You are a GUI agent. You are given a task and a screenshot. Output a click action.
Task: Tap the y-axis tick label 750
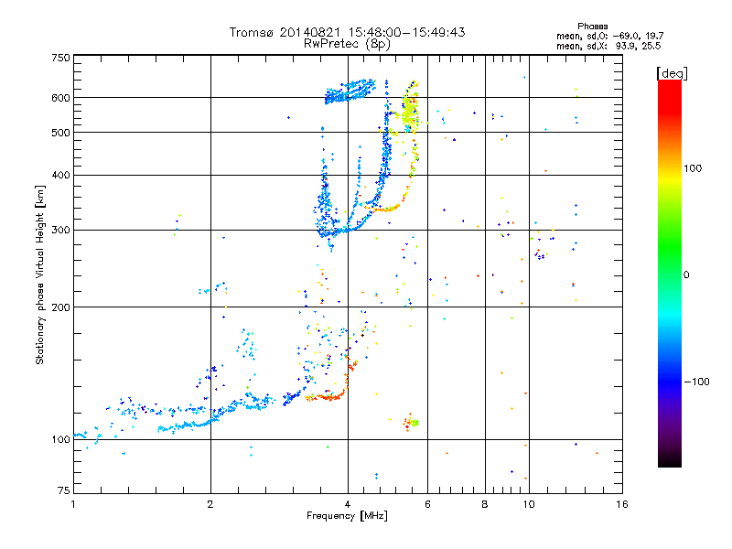(59, 58)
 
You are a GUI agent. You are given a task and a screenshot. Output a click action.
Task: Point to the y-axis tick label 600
(59, 98)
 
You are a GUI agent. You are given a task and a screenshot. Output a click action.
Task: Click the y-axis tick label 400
(59, 176)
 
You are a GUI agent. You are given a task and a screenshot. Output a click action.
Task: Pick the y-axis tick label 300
(59, 230)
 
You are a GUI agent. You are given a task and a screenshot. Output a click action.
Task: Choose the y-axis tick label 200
(59, 307)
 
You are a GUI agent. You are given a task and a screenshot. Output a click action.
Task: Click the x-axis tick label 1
(73, 504)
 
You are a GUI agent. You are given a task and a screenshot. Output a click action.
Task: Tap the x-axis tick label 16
(621, 504)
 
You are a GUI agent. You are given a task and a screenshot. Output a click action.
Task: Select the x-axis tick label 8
(485, 504)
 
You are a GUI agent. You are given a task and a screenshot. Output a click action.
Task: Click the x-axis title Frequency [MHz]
(347, 516)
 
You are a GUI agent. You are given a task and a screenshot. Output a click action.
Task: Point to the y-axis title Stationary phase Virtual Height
(40, 274)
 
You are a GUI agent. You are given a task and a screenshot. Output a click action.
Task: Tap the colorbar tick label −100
(698, 382)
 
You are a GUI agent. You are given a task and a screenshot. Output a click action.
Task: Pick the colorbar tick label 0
(686, 274)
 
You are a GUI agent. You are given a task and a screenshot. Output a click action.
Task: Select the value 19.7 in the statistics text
(649, 35)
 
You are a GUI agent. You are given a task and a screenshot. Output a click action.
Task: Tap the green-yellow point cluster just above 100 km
(414, 423)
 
